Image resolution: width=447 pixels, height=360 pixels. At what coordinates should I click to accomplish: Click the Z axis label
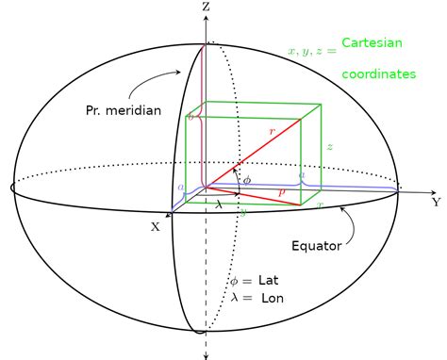coord(206,7)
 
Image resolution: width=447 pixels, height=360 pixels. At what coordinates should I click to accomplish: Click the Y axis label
coord(437,202)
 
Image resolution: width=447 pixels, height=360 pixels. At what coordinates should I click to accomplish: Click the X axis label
coord(156,226)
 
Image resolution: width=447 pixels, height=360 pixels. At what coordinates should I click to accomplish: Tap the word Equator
coord(317,247)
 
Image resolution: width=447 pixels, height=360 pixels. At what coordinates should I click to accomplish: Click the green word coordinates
coord(378,74)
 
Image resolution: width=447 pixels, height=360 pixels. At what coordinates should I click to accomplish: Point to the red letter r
coord(272,133)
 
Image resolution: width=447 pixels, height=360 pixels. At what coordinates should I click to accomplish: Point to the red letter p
coord(281,190)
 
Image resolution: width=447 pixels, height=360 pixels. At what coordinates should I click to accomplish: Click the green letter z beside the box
coord(330,147)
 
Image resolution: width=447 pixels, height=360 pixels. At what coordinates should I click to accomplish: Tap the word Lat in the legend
coord(269,281)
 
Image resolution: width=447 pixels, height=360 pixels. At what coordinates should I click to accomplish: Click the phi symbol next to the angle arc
coord(247,179)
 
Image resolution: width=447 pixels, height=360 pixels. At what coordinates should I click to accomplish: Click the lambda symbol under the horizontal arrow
coord(219,203)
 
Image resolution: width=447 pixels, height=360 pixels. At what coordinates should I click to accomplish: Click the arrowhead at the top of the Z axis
coord(206,18)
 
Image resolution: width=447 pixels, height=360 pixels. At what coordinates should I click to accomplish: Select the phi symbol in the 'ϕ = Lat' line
coord(235,282)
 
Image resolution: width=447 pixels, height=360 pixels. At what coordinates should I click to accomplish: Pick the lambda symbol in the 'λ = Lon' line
coord(234,298)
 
